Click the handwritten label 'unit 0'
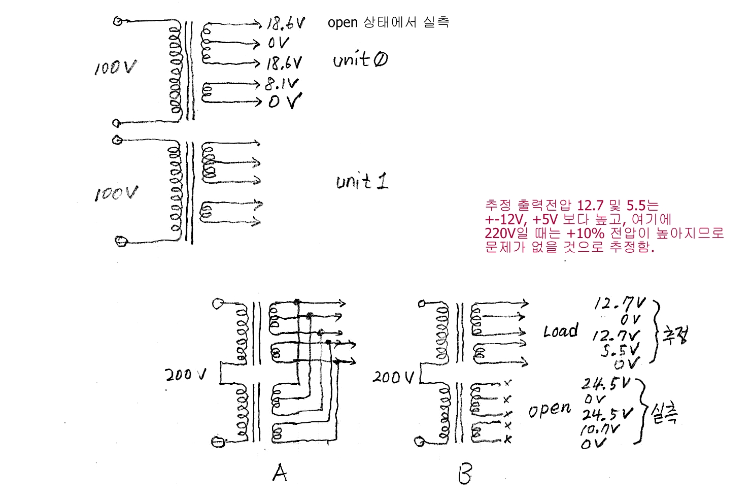(x=360, y=60)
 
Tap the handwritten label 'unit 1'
(x=362, y=181)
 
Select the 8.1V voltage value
(x=282, y=84)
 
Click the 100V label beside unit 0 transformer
(x=115, y=68)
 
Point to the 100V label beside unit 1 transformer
(x=116, y=193)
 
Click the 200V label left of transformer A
(x=186, y=375)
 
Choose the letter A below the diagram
(x=280, y=473)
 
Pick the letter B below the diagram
(x=465, y=474)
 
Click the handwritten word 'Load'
(x=561, y=331)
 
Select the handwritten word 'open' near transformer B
(x=550, y=409)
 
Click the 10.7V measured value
(x=600, y=430)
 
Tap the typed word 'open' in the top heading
(x=343, y=23)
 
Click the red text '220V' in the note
(x=500, y=233)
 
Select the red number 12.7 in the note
(x=590, y=206)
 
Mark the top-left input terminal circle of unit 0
(x=118, y=21)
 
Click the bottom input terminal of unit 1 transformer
(x=121, y=241)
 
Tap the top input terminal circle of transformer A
(x=218, y=304)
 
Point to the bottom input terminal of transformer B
(x=420, y=442)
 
